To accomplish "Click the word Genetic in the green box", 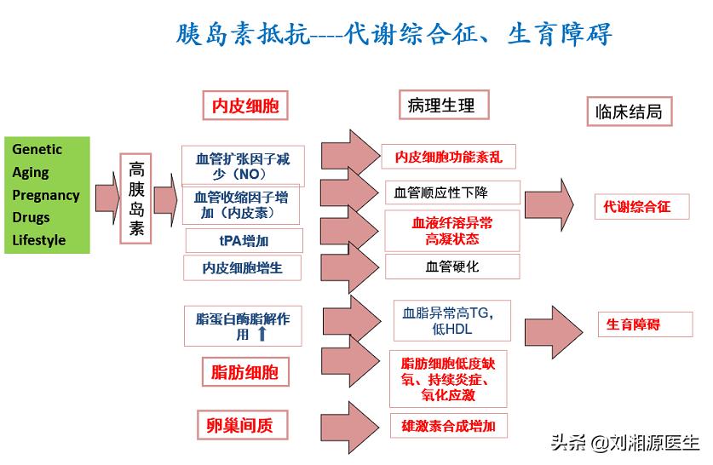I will pyautogui.click(x=37, y=149).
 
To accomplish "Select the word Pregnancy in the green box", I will pyautogui.click(x=46, y=195).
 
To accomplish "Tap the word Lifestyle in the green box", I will pyautogui.click(x=39, y=240).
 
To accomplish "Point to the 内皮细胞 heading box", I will pyautogui.click(x=245, y=106).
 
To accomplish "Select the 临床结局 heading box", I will pyautogui.click(x=628, y=112).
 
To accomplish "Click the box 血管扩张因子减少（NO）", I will pyautogui.click(x=243, y=165).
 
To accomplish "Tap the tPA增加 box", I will pyautogui.click(x=244, y=240).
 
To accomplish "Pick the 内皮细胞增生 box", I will pyautogui.click(x=242, y=267).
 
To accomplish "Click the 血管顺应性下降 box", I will pyautogui.click(x=452, y=192).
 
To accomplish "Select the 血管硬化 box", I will pyautogui.click(x=451, y=267).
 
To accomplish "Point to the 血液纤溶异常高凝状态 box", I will pyautogui.click(x=451, y=231).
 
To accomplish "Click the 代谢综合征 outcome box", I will pyautogui.click(x=636, y=206).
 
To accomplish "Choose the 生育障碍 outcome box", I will pyautogui.click(x=633, y=324).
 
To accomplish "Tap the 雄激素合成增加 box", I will pyautogui.click(x=448, y=424).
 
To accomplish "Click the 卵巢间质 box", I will pyautogui.click(x=239, y=424).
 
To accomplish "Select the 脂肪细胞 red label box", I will pyautogui.click(x=244, y=371).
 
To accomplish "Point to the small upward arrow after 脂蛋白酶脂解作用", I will pyautogui.click(x=262, y=335).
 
